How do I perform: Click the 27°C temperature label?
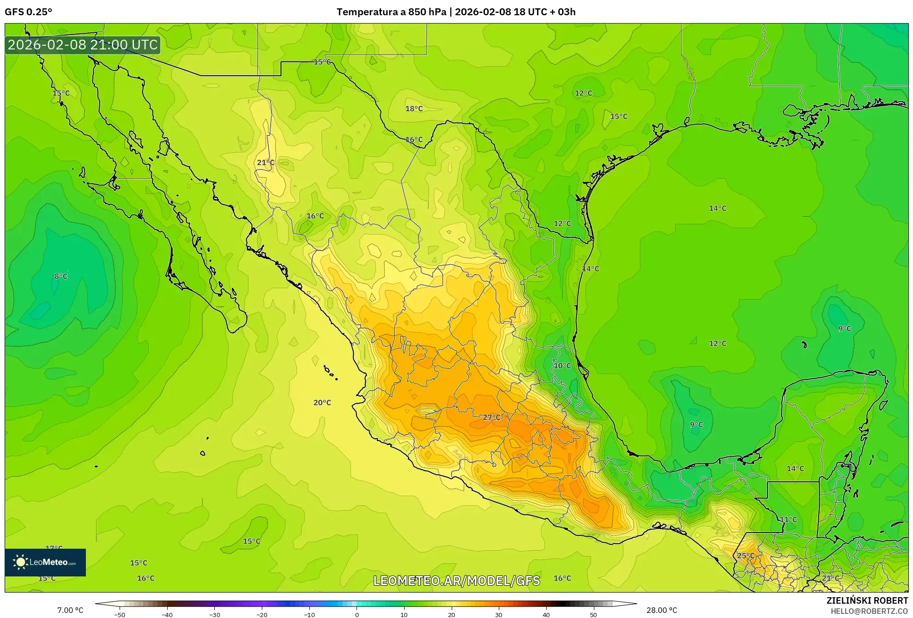(x=492, y=417)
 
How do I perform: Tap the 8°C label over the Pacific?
(x=61, y=276)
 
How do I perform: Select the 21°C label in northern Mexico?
(x=266, y=163)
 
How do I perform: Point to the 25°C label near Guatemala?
(x=745, y=556)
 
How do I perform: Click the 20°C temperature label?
(x=322, y=402)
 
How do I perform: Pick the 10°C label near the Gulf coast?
(x=562, y=365)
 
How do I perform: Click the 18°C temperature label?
(x=414, y=109)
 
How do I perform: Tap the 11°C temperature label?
(x=788, y=519)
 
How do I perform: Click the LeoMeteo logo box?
(x=45, y=562)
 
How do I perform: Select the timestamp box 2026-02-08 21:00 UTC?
(x=83, y=45)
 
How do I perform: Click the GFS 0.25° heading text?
(x=29, y=12)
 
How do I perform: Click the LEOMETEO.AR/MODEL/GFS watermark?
(x=456, y=581)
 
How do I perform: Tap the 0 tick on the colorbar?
(x=357, y=614)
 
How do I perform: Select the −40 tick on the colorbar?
(x=167, y=614)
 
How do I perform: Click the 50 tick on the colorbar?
(x=593, y=614)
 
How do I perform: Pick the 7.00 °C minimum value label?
(x=70, y=610)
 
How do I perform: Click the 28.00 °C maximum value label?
(x=662, y=610)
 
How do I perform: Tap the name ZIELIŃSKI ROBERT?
(x=867, y=600)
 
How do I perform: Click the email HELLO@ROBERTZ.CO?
(x=869, y=611)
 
